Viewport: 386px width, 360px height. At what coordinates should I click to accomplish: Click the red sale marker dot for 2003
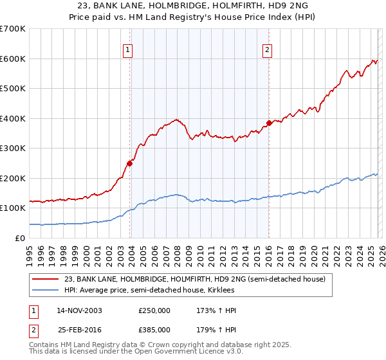(130, 163)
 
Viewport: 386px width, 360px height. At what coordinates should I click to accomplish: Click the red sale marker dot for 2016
(268, 123)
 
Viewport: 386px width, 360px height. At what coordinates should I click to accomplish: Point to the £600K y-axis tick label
(13, 59)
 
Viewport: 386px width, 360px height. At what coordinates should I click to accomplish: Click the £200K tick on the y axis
(13, 178)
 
